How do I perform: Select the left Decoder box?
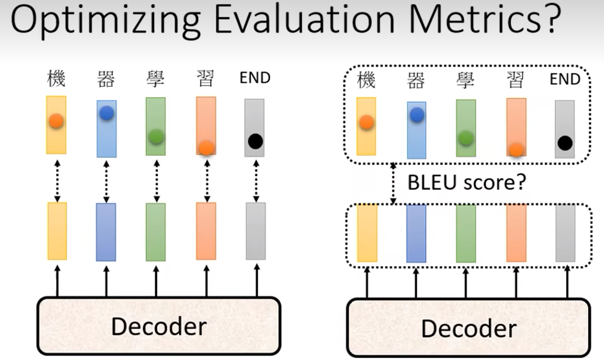point(158,326)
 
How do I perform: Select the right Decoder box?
point(468,328)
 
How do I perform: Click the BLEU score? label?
point(467,182)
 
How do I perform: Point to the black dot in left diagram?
point(256,141)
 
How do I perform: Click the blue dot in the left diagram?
point(107,113)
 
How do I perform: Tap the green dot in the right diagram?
point(466,138)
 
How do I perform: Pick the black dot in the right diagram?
point(565,143)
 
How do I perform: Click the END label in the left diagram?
point(255,78)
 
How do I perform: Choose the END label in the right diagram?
point(565,80)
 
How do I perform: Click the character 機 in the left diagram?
point(56,79)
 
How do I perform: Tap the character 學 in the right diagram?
point(466,80)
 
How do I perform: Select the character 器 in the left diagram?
point(106,79)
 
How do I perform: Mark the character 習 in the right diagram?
point(516,80)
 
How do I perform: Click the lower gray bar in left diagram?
point(256,231)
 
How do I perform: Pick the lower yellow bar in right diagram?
point(367,233)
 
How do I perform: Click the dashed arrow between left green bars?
point(156,179)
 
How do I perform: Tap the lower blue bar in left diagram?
point(106,232)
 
